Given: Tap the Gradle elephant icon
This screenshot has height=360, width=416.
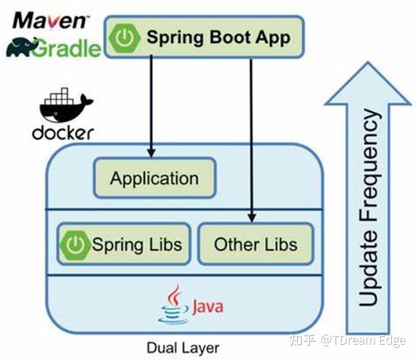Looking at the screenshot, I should (x=21, y=47).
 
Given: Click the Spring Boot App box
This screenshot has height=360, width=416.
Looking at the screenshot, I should (x=201, y=37).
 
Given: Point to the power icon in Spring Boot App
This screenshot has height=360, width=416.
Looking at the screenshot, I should (x=125, y=38).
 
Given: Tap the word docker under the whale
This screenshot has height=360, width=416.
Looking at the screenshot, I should (x=62, y=132).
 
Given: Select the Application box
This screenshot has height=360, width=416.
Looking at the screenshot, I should (x=153, y=178).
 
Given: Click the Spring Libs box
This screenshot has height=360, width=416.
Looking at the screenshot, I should (x=121, y=243).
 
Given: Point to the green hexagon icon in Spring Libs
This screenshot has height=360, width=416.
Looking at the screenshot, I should (x=75, y=244).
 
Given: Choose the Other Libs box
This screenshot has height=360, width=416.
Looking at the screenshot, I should (x=253, y=243).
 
